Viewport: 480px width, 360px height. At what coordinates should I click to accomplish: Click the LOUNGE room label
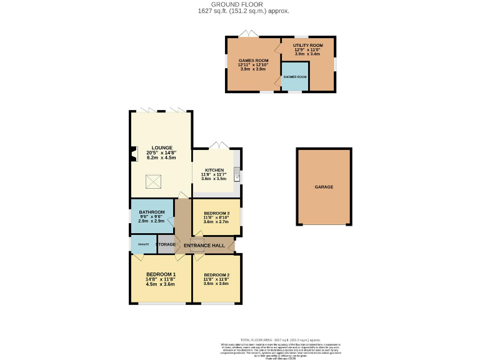point(161,147)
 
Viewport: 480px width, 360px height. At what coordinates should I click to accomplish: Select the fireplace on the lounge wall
point(133,153)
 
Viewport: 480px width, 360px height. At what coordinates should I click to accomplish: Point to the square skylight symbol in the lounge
point(154,182)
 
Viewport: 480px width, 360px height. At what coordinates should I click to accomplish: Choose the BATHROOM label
point(151,212)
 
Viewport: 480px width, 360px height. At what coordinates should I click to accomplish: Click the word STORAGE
point(166,244)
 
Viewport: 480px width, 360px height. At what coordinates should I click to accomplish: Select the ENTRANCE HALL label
point(204,245)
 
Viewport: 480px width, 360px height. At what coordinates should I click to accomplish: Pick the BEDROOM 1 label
point(161,274)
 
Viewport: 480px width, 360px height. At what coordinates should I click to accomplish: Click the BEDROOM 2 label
point(216,275)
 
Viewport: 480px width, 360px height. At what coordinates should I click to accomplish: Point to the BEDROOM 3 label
point(217,213)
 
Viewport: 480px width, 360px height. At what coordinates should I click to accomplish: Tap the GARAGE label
point(324,187)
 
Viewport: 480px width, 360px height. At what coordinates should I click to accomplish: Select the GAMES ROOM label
point(252,59)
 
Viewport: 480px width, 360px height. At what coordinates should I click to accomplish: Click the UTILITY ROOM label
point(307,46)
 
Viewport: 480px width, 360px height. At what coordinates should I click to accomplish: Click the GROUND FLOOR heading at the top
point(240,4)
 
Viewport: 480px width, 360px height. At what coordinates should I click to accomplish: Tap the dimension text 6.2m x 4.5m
point(161,158)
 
